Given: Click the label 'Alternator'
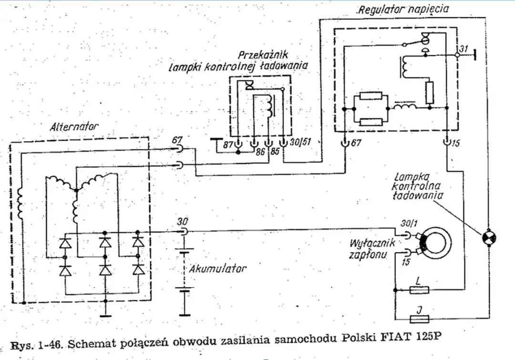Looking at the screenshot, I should (x=74, y=127).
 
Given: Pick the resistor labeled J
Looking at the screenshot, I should (x=419, y=319).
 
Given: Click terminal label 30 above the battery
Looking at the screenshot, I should (x=182, y=222).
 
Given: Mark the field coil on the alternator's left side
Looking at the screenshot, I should (x=21, y=202).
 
